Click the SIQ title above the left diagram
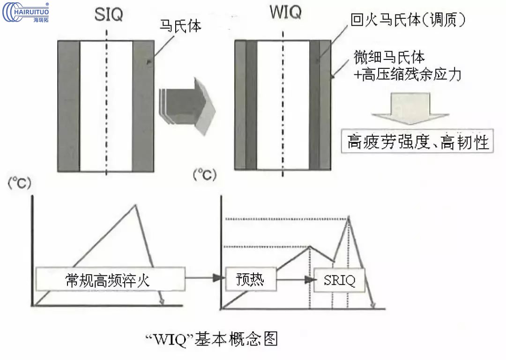point(108,14)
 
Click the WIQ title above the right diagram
point(285,13)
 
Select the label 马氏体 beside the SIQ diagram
point(180,27)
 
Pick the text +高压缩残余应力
point(408,74)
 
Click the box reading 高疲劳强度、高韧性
point(418,142)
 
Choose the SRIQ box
point(340,280)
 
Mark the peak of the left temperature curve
point(136,205)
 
